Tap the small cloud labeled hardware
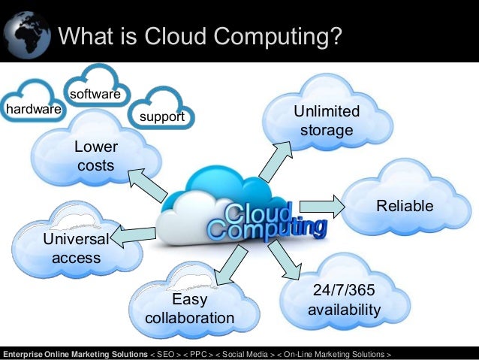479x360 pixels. (x=33, y=110)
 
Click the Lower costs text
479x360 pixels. (x=95, y=155)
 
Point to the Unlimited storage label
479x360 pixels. (x=326, y=121)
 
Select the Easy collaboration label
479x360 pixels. (x=189, y=309)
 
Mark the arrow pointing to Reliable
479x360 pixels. (x=320, y=204)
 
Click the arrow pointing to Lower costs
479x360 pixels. (x=147, y=185)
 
